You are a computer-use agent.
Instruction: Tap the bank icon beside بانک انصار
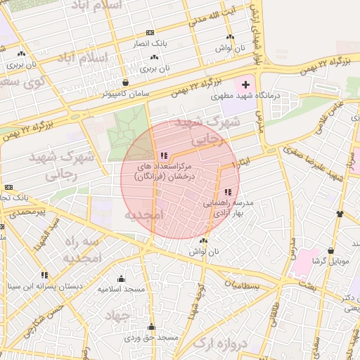click(149, 33)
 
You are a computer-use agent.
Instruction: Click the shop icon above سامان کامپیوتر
click(125, 82)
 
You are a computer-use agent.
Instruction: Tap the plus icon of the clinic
click(245, 84)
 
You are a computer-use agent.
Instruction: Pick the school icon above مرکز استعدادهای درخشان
click(164, 155)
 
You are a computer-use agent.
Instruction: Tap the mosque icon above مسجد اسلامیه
click(121, 278)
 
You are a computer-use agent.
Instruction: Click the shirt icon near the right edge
click(340, 214)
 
